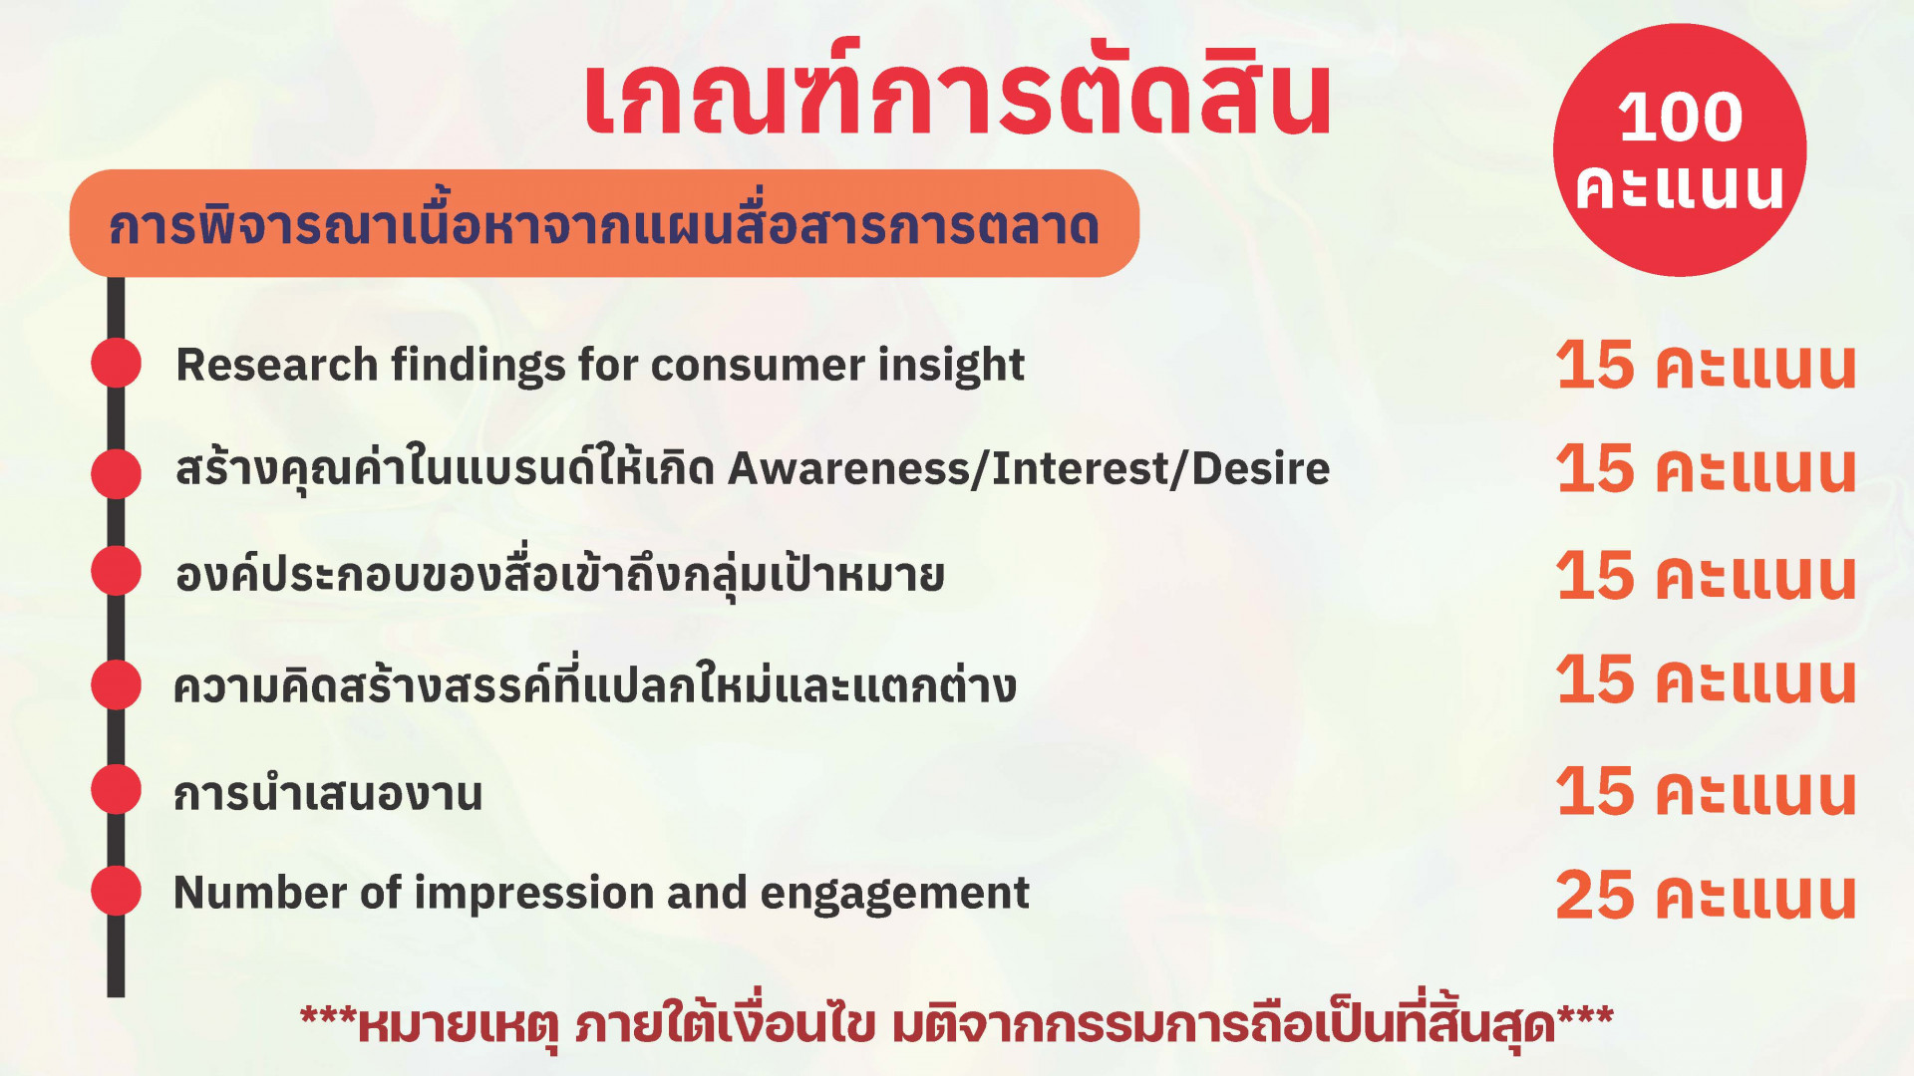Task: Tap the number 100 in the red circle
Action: click(x=1680, y=118)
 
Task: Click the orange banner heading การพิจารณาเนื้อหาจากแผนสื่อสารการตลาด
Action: click(x=604, y=225)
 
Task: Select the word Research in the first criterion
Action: click(x=276, y=365)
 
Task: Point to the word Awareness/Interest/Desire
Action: click(x=1029, y=468)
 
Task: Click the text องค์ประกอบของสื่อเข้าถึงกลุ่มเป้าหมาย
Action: click(x=559, y=574)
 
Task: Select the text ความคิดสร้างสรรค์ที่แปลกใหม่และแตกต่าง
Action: click(x=595, y=683)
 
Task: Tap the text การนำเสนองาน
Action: click(x=328, y=794)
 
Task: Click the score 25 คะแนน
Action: click(x=1706, y=895)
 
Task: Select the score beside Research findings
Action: click(x=1706, y=365)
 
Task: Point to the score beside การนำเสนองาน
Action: click(x=1706, y=792)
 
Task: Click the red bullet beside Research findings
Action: click(x=117, y=363)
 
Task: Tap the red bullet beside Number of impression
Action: click(x=117, y=891)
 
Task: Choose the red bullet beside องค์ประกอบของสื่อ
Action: click(x=117, y=571)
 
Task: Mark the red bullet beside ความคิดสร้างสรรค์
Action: click(x=117, y=684)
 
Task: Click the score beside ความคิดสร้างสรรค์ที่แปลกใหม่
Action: click(x=1706, y=680)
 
